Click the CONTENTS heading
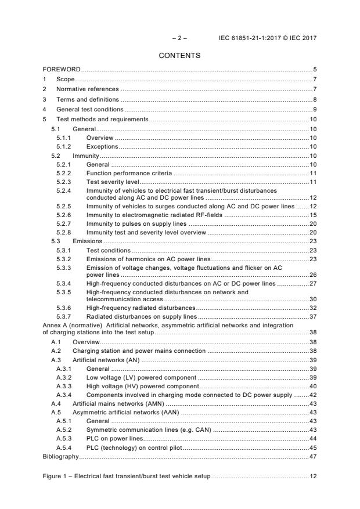[x=179, y=56]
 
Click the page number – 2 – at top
[x=179, y=38]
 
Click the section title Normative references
[x=87, y=89]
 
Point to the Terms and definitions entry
[x=85, y=99]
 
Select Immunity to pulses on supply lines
[x=136, y=223]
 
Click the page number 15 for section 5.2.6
[x=312, y=215]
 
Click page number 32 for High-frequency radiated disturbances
[x=312, y=308]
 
